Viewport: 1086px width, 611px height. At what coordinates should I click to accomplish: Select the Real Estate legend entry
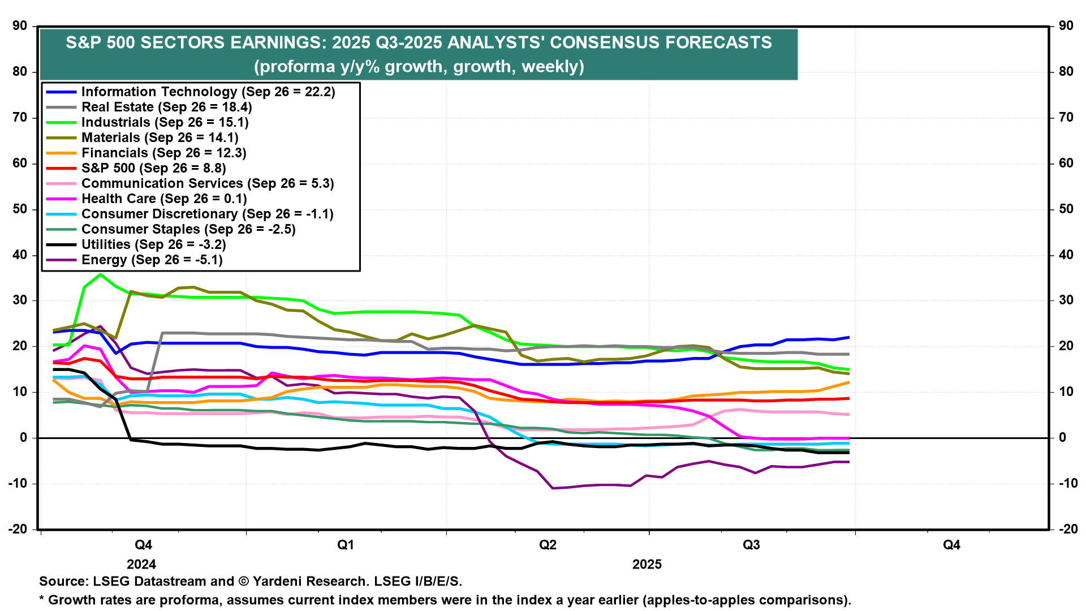click(166, 107)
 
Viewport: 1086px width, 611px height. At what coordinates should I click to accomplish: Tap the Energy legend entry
click(152, 260)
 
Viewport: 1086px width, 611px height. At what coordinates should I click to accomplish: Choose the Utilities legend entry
click(153, 245)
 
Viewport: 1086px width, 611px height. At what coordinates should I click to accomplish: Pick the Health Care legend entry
click(164, 199)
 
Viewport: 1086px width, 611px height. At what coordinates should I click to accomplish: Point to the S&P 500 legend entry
click(153, 169)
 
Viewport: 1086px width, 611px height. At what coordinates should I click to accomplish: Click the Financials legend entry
click(163, 153)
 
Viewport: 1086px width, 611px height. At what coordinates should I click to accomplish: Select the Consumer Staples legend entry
click(188, 230)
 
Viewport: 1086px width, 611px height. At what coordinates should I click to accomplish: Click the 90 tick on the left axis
click(20, 26)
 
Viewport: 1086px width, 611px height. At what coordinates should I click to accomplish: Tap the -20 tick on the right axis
click(1068, 530)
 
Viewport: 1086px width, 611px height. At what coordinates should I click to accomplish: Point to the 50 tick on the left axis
click(20, 209)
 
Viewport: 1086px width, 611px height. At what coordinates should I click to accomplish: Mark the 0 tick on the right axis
click(1063, 438)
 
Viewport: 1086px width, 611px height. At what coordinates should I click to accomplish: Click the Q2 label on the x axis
click(548, 545)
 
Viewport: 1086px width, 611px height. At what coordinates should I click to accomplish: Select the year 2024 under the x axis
click(141, 565)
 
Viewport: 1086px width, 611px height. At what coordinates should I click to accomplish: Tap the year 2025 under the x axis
click(647, 565)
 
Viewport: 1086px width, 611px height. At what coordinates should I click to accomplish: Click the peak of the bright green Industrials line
click(100, 274)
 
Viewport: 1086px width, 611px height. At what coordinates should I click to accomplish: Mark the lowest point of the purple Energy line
click(553, 488)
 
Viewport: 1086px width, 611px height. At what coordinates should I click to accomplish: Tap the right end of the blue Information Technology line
click(848, 337)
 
